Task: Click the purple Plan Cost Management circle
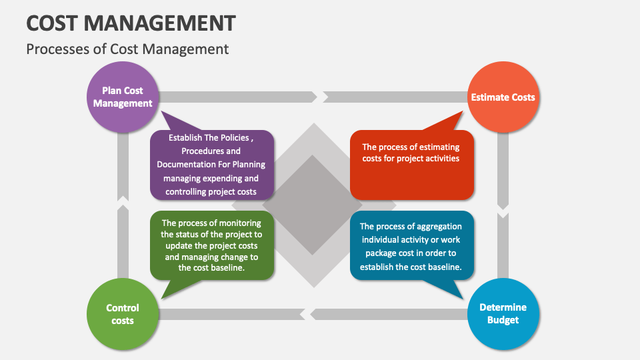coord(123,97)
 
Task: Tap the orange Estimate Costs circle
coord(503,97)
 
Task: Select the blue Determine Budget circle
coord(503,313)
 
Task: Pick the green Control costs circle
coord(123,313)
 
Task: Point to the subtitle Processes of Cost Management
coord(127,49)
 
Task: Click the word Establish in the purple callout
coord(185,138)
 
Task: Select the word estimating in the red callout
coord(435,147)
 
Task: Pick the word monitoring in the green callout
coord(237,223)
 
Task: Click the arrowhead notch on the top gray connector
coord(321,97)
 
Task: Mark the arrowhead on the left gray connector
coord(123,199)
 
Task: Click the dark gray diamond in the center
coord(312,204)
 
